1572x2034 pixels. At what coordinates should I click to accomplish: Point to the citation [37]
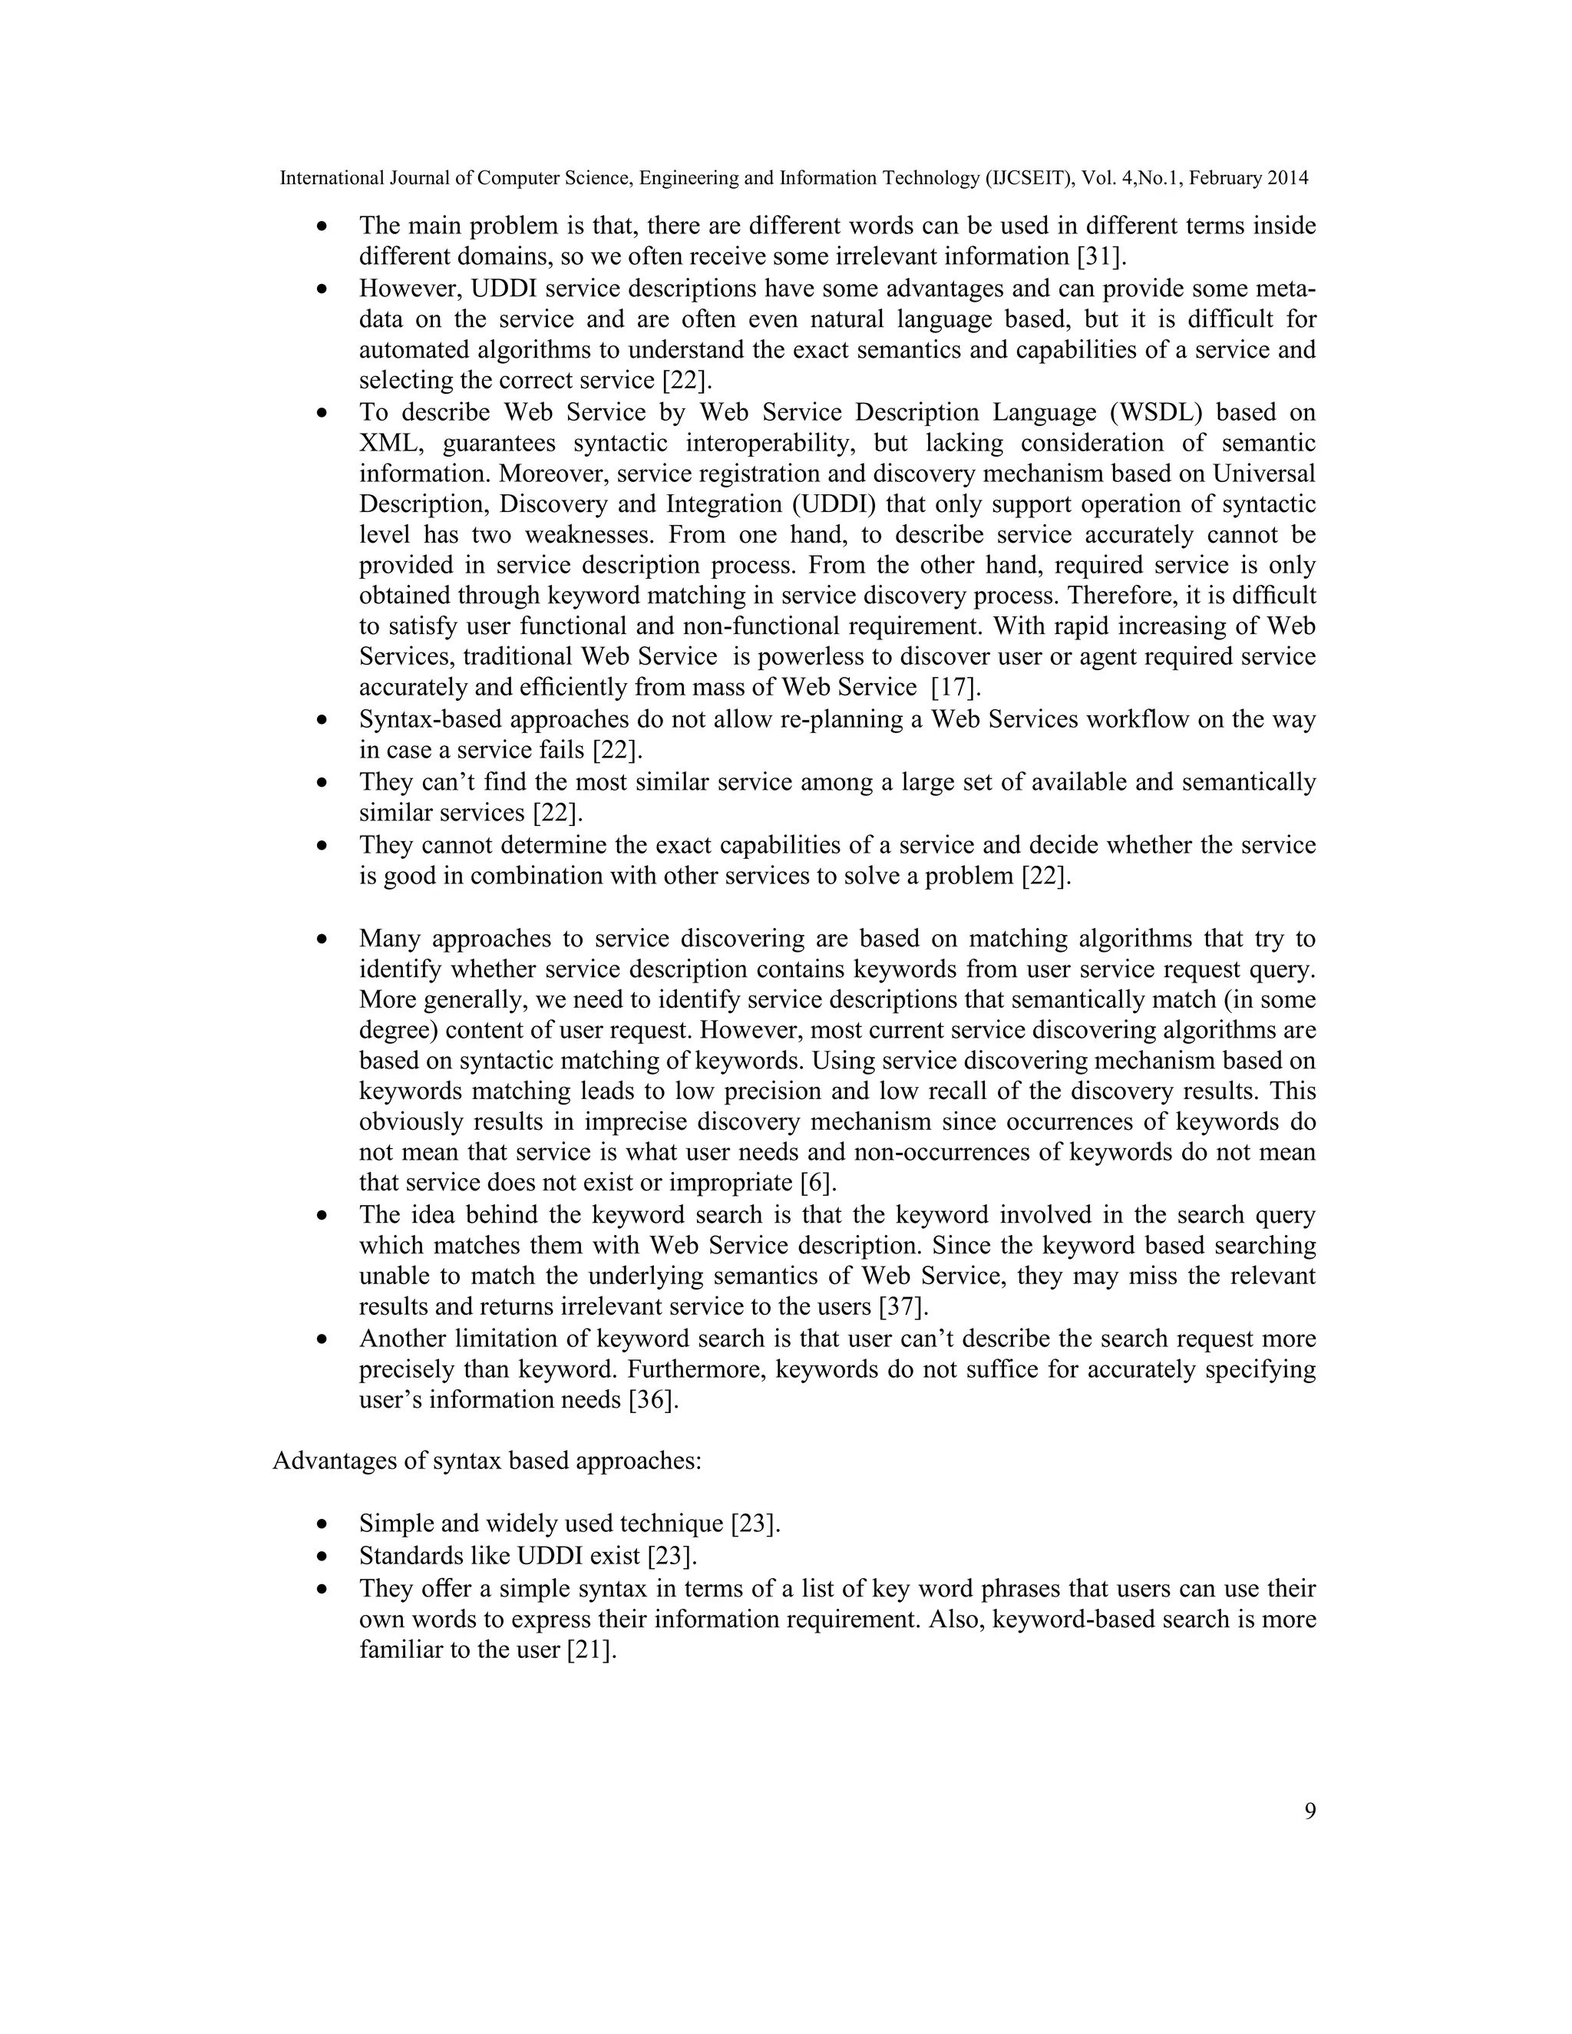(903, 1306)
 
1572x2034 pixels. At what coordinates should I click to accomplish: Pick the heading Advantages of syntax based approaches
(486, 1461)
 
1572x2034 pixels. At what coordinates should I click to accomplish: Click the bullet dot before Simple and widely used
(322, 1524)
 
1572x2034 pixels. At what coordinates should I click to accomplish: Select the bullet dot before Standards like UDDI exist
(322, 1557)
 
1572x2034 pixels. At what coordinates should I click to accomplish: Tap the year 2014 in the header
(1287, 178)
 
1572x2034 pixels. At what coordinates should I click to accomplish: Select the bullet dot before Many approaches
(322, 939)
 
